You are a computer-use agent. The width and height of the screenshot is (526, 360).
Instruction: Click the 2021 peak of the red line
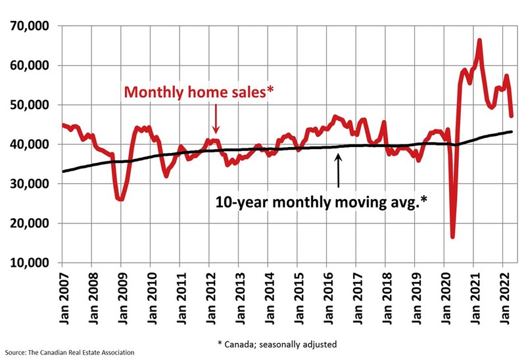pos(479,41)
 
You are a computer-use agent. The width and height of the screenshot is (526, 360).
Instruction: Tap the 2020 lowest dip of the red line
pos(453,236)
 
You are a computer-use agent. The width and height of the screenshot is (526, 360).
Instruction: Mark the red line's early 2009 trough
pos(121,199)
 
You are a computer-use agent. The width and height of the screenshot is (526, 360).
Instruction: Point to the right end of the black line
pos(512,132)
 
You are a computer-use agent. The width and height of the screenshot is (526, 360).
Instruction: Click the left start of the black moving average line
pos(63,171)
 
